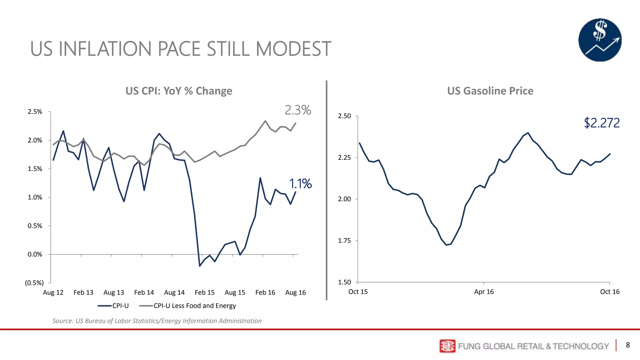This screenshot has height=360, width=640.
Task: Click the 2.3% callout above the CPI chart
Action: coord(298,110)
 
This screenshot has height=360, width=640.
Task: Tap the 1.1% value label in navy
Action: coord(300,184)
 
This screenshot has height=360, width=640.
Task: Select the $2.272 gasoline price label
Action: coord(602,123)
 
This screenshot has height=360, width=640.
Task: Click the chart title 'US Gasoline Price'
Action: coord(490,91)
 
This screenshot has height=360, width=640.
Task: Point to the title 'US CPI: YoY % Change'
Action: coord(179,91)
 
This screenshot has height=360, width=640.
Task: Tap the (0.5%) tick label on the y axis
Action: coord(34,283)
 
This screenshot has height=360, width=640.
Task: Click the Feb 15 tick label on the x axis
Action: coord(204,292)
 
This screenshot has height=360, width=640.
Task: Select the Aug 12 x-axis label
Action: coord(53,292)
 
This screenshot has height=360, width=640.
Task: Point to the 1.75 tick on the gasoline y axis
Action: coord(344,241)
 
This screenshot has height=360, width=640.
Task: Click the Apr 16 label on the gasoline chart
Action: coord(484,292)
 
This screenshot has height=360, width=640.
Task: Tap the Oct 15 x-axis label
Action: coord(358,292)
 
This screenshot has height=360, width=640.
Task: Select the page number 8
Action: coord(627,345)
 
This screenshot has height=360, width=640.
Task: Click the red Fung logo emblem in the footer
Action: coord(447,346)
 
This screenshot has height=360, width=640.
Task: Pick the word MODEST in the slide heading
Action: coord(293,49)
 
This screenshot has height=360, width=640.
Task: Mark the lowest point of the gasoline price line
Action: coord(446,245)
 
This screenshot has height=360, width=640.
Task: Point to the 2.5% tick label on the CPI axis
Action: coord(35,112)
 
